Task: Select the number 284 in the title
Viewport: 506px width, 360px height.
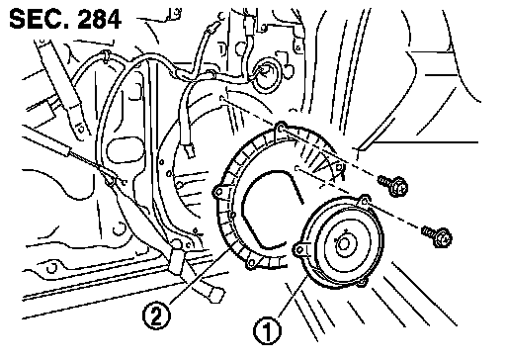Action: [99, 19]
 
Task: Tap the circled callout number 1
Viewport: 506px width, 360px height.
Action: [267, 330]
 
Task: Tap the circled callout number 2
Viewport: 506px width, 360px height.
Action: [156, 315]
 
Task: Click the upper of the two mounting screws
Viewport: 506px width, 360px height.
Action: [393, 185]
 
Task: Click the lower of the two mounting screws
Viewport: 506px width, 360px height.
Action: [437, 234]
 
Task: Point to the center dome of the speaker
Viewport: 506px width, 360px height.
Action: [344, 244]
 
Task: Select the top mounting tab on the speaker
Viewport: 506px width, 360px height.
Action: [364, 201]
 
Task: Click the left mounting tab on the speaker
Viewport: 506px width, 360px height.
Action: [299, 249]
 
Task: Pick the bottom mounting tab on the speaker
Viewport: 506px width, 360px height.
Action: [362, 282]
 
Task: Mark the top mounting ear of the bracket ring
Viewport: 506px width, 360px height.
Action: [281, 128]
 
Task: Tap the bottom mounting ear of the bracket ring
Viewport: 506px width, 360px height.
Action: [251, 263]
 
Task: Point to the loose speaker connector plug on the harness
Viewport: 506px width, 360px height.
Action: [190, 150]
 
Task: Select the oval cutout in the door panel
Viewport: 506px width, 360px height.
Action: [126, 151]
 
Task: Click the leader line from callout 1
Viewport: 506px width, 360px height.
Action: [295, 297]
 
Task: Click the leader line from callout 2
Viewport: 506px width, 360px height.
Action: [200, 276]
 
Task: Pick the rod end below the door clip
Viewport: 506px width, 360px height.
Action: [213, 293]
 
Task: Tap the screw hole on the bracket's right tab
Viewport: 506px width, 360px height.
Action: [339, 167]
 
